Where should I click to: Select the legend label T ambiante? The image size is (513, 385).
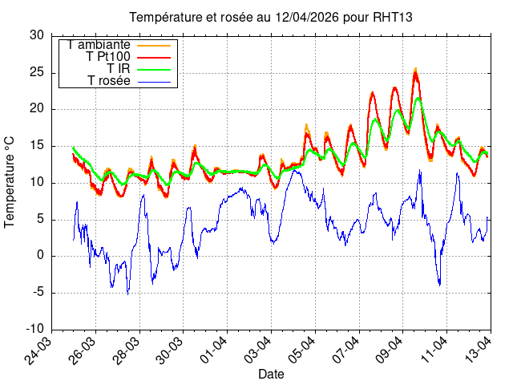99,45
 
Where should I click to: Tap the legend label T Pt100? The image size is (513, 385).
108,57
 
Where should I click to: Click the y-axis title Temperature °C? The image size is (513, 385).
10,181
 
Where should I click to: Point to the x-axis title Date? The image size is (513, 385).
271,374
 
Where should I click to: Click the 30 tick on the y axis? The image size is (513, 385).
37,35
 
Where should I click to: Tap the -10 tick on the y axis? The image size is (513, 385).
34,330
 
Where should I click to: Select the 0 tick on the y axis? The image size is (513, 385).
41,256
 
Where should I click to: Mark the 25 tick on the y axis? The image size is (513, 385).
37,72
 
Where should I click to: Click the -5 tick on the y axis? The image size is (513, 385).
38,293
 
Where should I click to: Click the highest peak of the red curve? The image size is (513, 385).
415,71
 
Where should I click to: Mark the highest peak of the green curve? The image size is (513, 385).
418,99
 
